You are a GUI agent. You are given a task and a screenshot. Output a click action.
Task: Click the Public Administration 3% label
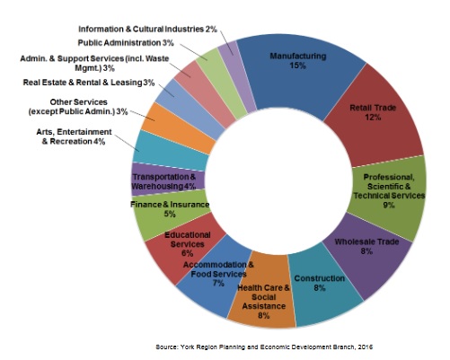click(x=126, y=43)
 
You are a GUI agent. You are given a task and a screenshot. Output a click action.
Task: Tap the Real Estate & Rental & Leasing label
click(x=89, y=83)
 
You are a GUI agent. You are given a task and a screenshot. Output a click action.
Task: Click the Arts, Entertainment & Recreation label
click(x=74, y=136)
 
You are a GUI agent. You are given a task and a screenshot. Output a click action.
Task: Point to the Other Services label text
click(x=78, y=107)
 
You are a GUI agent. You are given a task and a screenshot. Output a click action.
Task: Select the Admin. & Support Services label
click(x=94, y=63)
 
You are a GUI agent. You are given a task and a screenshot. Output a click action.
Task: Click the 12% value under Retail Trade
click(x=373, y=117)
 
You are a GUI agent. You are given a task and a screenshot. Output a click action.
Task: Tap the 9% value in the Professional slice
click(x=389, y=205)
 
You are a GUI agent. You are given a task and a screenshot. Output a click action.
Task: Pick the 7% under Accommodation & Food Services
click(x=218, y=283)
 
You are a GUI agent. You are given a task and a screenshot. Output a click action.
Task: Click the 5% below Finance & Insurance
click(x=170, y=214)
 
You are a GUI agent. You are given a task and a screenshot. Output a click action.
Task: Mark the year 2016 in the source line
click(x=366, y=347)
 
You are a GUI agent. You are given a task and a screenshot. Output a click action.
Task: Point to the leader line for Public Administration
click(x=194, y=52)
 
